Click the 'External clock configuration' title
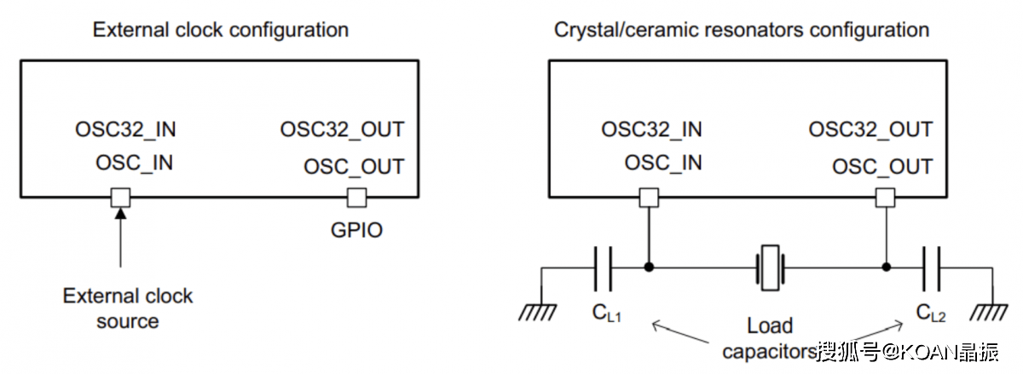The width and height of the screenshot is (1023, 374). coord(220,30)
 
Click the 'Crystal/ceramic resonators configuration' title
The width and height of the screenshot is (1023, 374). coord(741,30)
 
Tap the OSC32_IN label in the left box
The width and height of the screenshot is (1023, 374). coord(125,130)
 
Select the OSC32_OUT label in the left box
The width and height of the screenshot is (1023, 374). coord(342,130)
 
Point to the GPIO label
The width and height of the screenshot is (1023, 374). coord(355,230)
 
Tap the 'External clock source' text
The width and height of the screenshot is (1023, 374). coord(128,308)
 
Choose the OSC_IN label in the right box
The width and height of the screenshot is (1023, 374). coord(663,163)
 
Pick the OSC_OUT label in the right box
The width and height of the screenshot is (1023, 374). coord(882,166)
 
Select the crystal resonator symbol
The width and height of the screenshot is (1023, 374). coord(769,267)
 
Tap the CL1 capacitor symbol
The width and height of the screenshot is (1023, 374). coord(604,267)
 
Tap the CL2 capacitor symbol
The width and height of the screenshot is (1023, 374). coord(931,267)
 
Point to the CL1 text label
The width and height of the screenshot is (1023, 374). coord(606,314)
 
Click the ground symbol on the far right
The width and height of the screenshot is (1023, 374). coord(991,312)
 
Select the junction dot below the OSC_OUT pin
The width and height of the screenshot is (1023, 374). coord(886,267)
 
